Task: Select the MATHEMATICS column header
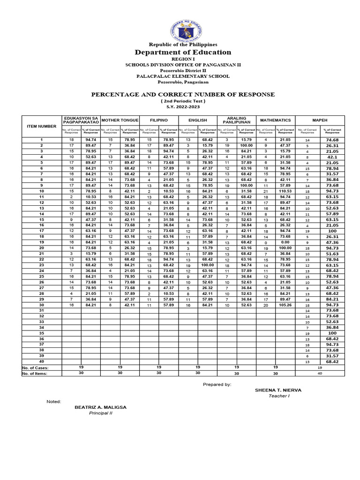tap(275, 120)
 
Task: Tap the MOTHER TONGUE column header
tap(120, 120)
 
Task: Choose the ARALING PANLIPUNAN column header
tap(236, 120)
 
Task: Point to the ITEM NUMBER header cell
tap(41, 126)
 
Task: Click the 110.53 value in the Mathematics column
tap(285, 191)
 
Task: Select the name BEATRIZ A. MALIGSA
tap(100, 407)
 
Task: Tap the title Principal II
tap(101, 413)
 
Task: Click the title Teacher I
tap(279, 396)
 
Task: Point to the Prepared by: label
tap(217, 384)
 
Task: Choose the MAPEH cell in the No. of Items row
tap(320, 373)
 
